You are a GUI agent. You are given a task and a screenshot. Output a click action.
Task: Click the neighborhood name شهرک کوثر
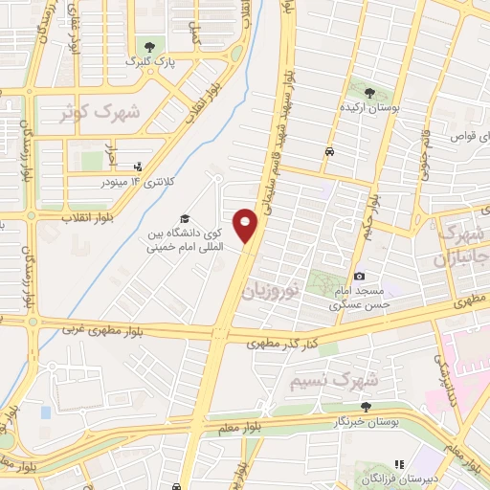[x=100, y=113]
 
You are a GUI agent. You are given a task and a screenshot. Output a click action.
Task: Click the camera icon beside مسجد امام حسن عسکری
[x=360, y=277]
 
